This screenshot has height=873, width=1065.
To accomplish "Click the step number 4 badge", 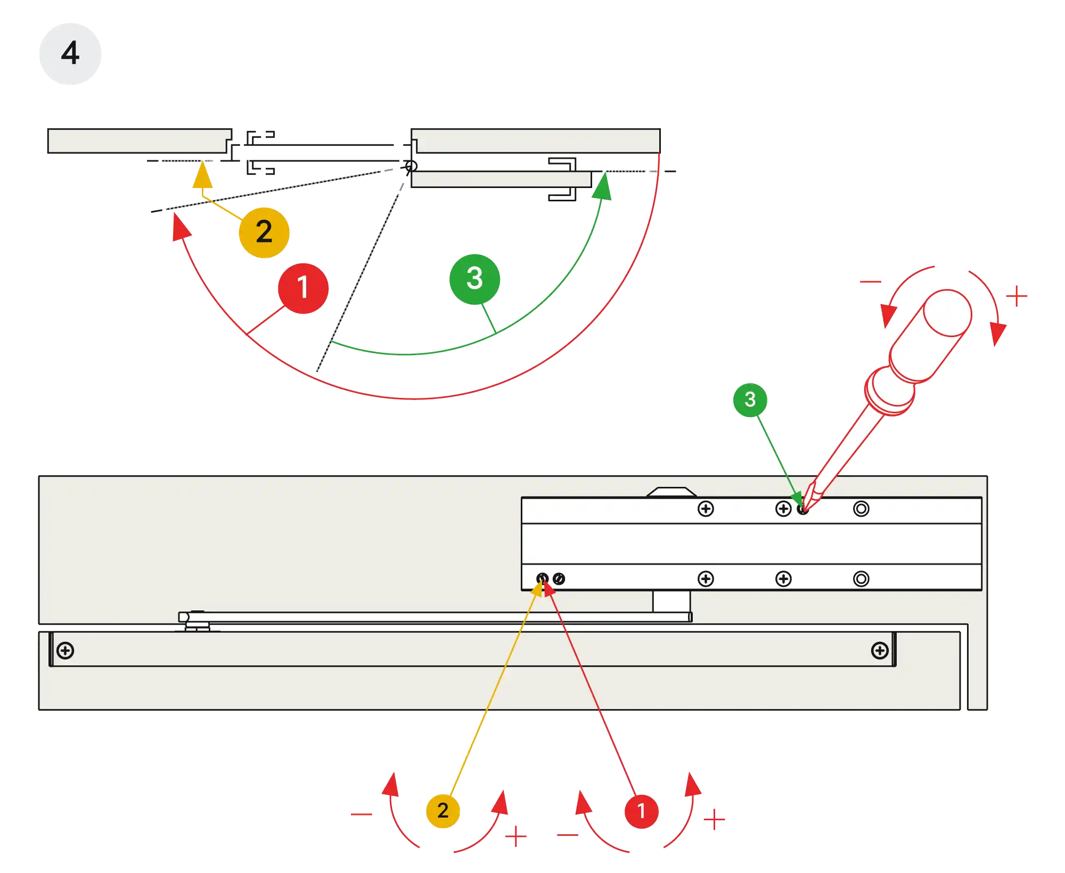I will tap(70, 53).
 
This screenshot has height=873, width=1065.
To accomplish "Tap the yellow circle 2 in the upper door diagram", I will tap(264, 232).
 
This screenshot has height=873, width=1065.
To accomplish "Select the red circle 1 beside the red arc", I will tap(302, 288).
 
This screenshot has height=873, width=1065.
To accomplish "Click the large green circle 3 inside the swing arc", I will tap(474, 279).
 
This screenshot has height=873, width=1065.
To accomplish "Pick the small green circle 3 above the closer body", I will tap(750, 399).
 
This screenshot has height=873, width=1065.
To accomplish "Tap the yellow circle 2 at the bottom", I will tap(443, 811).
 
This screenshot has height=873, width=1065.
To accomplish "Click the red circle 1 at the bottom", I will tap(641, 811).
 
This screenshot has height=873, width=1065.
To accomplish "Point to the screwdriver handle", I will tap(929, 336).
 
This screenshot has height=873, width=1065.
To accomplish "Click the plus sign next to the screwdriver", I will tap(1017, 296).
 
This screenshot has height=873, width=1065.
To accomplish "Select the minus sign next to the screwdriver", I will tap(869, 281).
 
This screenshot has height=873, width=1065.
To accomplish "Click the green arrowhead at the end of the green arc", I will tap(602, 187).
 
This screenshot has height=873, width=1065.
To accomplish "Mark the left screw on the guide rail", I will tap(65, 650).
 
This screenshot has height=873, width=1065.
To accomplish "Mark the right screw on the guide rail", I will tap(880, 650).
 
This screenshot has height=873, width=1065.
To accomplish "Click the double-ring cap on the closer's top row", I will tap(861, 509).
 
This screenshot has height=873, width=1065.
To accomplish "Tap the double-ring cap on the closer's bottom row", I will tap(861, 578).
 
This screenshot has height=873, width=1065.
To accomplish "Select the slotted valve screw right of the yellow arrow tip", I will tap(559, 578).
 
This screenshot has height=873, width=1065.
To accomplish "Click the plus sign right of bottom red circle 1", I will tap(715, 819).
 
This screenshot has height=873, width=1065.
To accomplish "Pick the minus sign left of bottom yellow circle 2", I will tap(362, 813).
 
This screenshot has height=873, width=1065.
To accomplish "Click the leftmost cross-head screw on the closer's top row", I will tap(706, 509).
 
